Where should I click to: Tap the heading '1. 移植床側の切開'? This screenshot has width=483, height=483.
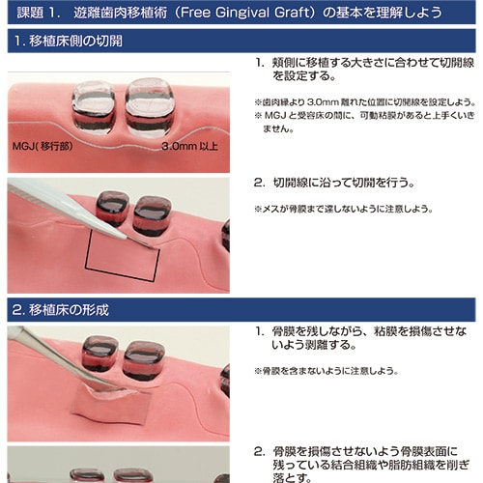[x=69, y=41]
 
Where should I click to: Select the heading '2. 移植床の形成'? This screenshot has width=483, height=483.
[x=61, y=310]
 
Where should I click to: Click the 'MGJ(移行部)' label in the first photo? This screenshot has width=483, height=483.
[x=43, y=147]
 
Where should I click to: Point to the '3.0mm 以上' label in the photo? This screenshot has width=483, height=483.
[x=189, y=147]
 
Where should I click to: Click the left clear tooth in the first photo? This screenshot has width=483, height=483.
[x=93, y=107]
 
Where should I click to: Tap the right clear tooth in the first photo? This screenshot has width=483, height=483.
[x=150, y=106]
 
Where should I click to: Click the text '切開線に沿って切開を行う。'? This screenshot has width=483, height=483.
[x=344, y=183]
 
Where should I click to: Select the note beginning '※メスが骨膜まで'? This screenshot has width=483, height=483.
[x=344, y=210]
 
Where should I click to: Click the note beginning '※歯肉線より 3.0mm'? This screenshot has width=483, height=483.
[x=365, y=102]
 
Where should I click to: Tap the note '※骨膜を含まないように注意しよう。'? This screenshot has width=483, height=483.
[x=327, y=371]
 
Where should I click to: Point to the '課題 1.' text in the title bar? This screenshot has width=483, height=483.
[x=38, y=13]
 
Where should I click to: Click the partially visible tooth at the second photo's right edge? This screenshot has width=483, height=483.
[x=226, y=235]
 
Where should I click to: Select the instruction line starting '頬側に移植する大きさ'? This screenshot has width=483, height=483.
[x=373, y=70]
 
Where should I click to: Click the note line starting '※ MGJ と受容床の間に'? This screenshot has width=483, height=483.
[x=364, y=122]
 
